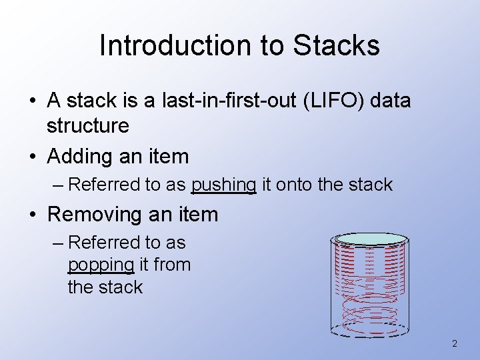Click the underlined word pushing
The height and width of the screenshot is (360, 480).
[x=223, y=185]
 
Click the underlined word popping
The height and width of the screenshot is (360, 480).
[x=101, y=265]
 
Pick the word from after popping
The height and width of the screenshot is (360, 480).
[x=172, y=265]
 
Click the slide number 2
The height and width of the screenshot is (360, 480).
[x=455, y=344]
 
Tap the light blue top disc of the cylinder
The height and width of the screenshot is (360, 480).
[x=371, y=239]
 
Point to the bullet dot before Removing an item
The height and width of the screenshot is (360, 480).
[x=32, y=215]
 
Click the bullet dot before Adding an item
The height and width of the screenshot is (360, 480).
[x=32, y=157]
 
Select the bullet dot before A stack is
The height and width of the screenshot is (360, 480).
[x=32, y=102]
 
